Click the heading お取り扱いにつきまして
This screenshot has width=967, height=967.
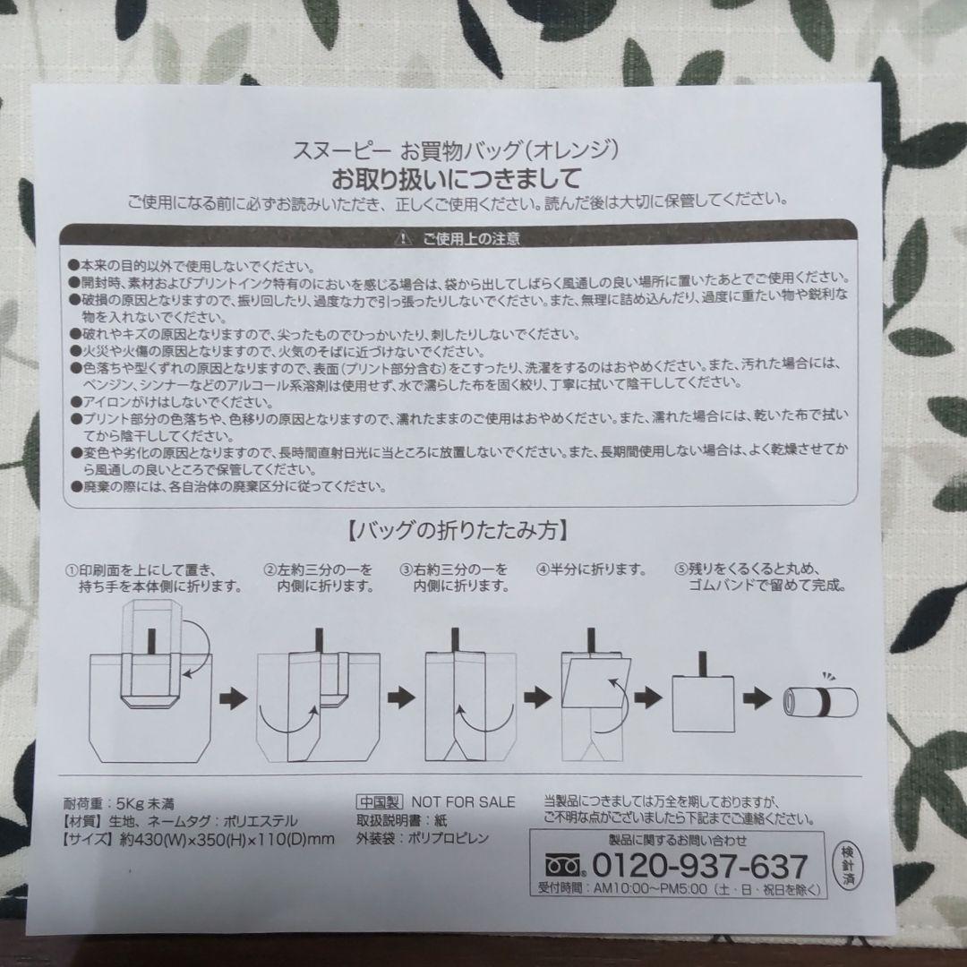(x=456, y=175)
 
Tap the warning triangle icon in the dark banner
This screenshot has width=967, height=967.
(x=403, y=239)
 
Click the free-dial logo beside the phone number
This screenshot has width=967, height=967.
(x=568, y=866)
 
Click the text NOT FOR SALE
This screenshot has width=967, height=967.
(x=463, y=800)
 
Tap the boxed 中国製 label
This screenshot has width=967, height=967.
(x=381, y=800)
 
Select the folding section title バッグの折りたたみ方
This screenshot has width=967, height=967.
(x=455, y=530)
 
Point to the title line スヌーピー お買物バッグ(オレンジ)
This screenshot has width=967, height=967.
(x=456, y=149)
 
